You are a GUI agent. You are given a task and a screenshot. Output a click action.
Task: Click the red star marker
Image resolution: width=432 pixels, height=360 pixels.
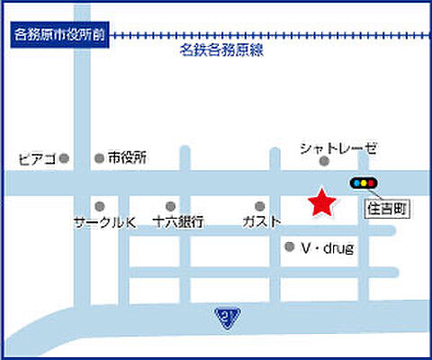point(320,202)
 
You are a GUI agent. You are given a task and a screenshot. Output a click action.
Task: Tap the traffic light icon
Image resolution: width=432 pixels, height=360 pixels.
point(364,184)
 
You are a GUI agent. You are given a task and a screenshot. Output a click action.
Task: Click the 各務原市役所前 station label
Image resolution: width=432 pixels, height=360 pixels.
point(60,36)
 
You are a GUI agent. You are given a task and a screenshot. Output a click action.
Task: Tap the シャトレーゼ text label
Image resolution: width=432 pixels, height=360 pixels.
point(338,147)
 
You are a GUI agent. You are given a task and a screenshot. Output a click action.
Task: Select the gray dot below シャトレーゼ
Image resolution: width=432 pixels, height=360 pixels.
point(325,161)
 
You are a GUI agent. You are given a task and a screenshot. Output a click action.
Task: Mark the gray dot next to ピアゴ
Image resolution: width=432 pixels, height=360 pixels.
point(64,159)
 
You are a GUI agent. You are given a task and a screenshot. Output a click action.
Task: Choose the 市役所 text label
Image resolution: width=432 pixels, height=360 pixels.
point(127,157)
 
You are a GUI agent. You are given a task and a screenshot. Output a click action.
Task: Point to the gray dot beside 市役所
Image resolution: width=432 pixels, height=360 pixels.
point(99,158)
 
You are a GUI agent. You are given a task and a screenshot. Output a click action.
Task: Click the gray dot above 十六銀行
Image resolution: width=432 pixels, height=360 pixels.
point(170,206)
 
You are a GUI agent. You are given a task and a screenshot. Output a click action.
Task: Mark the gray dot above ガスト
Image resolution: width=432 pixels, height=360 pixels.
point(260,206)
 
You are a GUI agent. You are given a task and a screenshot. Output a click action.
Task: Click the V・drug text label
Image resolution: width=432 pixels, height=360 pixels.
point(328,247)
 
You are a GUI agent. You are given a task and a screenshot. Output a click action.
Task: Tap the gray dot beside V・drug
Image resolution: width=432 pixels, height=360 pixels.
point(289,247)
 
